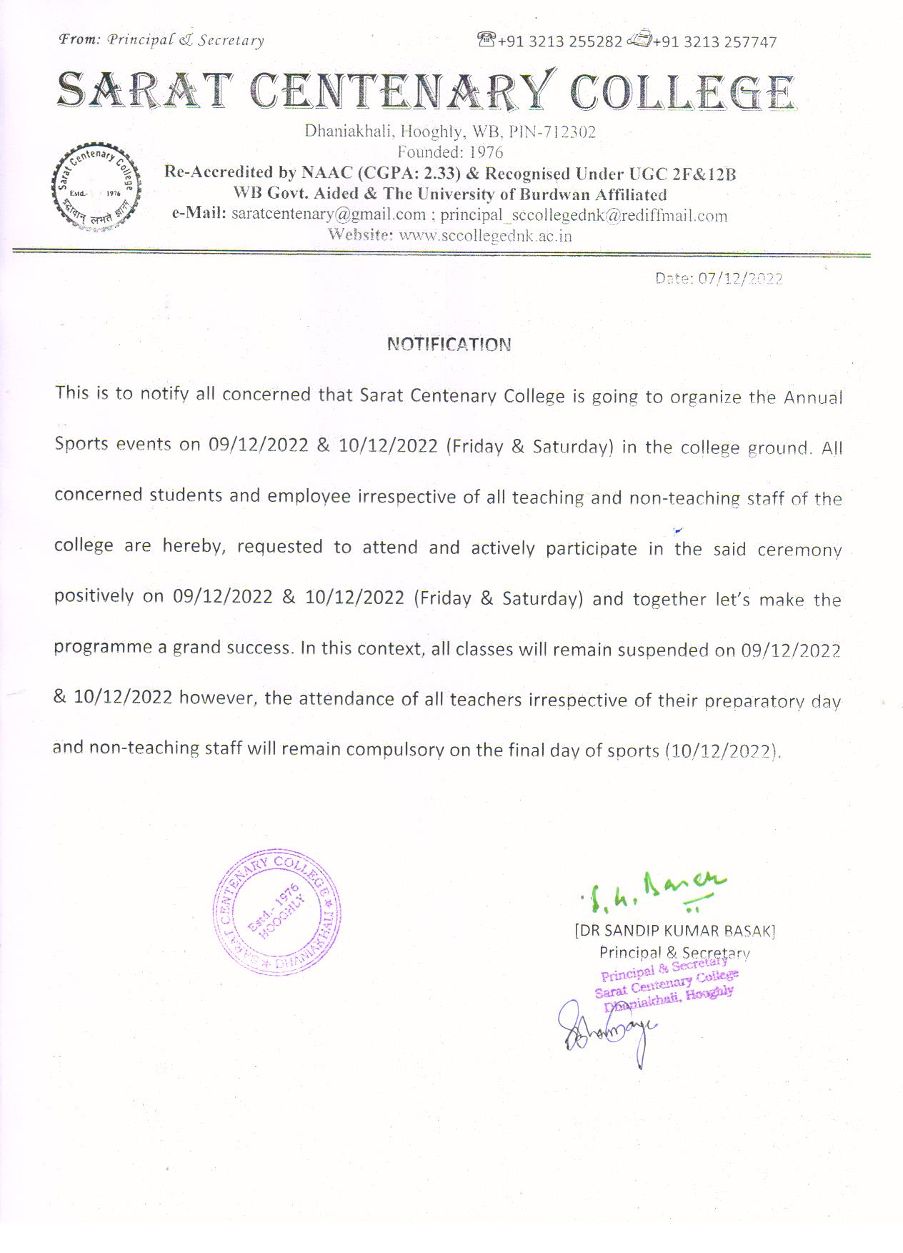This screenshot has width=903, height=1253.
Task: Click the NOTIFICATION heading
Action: click(449, 345)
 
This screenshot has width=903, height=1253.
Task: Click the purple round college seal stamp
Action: click(278, 913)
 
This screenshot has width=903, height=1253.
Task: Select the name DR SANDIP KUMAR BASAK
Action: click(674, 931)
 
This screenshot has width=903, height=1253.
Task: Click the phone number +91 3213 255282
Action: click(560, 42)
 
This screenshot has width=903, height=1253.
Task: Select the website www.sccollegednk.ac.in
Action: click(485, 236)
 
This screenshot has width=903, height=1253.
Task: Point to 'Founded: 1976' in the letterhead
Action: click(450, 152)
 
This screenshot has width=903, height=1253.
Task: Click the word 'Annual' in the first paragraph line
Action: click(813, 397)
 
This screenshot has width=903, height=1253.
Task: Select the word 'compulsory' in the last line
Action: click(395, 750)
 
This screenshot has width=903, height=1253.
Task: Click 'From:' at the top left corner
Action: click(79, 40)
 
